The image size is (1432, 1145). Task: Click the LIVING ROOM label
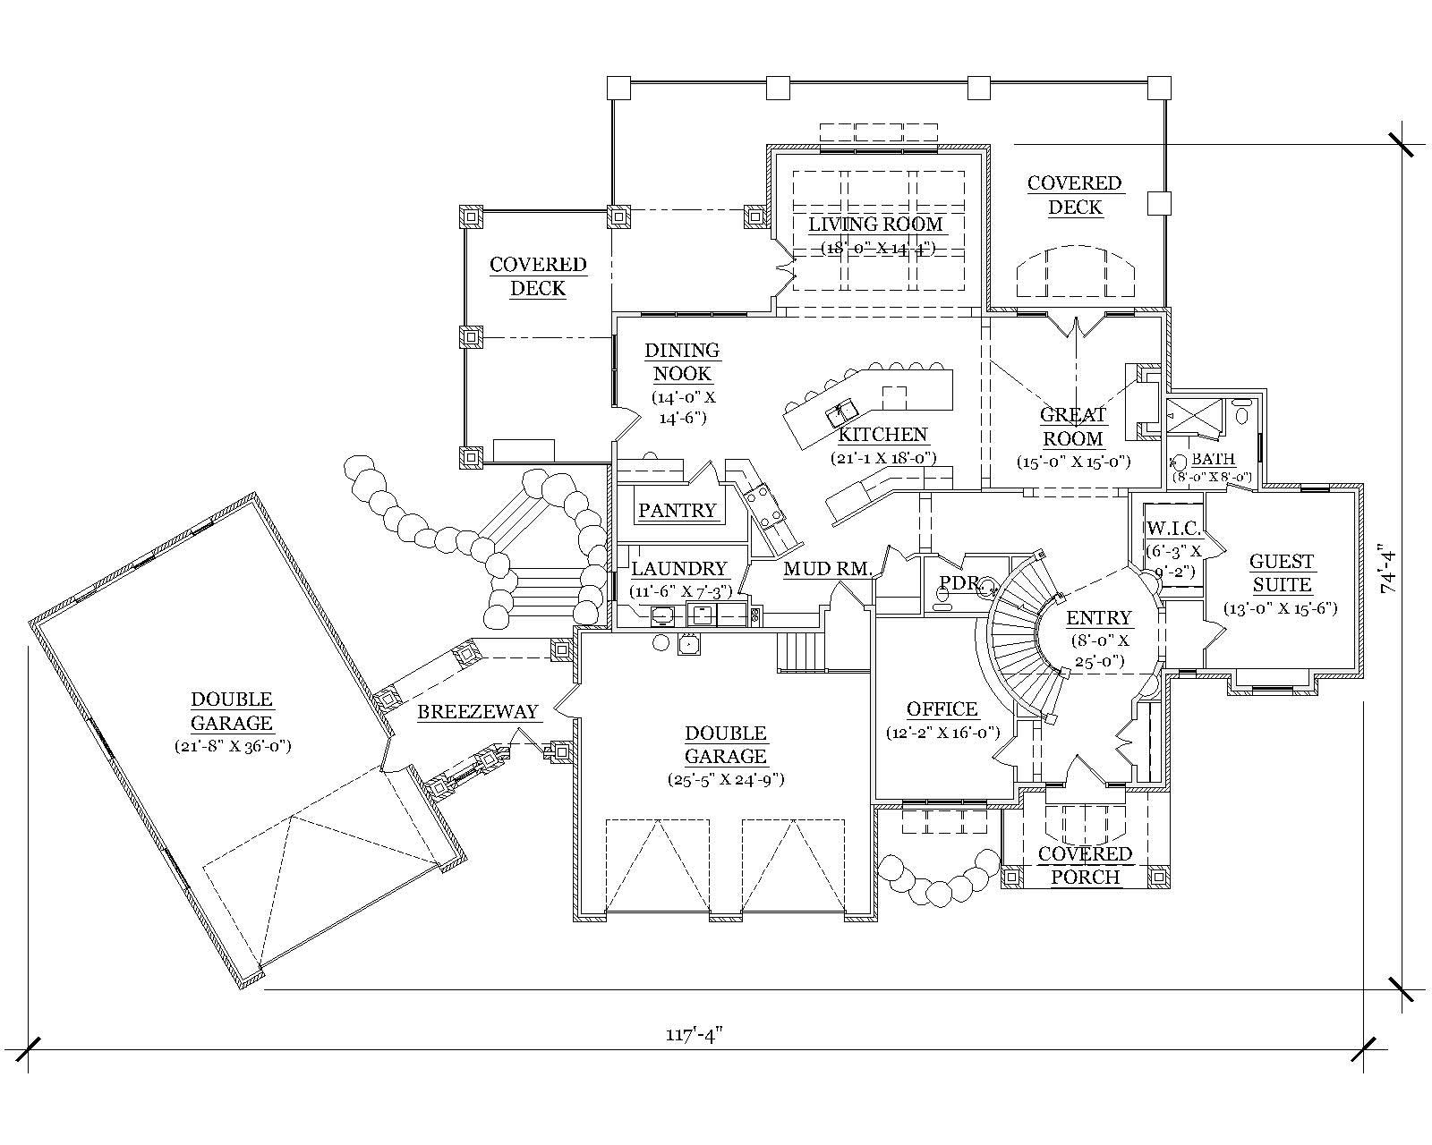tap(875, 224)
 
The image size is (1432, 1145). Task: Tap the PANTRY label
tap(677, 511)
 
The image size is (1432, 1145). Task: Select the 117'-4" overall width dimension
tap(693, 1035)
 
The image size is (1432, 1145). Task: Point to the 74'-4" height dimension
tap(1386, 569)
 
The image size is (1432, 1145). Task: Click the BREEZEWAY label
tap(478, 712)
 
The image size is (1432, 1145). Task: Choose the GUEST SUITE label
tap(1281, 573)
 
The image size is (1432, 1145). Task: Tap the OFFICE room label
tap(942, 709)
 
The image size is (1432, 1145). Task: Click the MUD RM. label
tap(827, 569)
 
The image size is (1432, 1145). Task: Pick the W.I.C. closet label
tap(1173, 529)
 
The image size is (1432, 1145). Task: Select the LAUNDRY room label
tap(678, 569)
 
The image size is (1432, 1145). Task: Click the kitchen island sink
tap(842, 411)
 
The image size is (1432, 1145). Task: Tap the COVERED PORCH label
tap(1085, 865)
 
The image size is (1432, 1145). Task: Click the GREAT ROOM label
tap(1073, 427)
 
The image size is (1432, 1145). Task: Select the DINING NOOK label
tap(682, 362)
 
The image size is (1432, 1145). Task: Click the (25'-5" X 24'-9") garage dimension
tap(725, 779)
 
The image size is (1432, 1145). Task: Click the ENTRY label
tap(1099, 618)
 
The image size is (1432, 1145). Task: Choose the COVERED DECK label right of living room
tap(1074, 195)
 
